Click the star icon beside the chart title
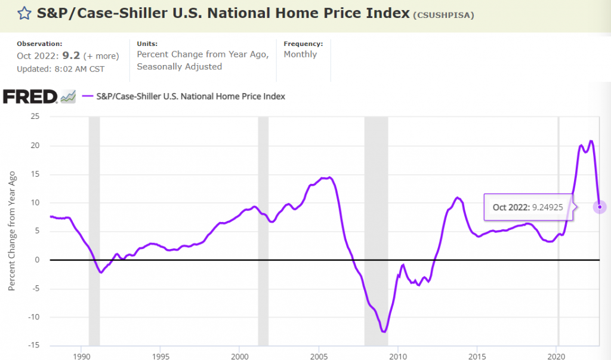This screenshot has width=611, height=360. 24,13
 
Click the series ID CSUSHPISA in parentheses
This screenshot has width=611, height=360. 443,15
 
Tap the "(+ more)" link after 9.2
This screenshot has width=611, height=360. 101,56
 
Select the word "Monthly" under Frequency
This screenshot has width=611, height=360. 300,54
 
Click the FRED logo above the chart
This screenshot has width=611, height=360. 30,96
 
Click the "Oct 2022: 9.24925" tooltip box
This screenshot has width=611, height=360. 528,207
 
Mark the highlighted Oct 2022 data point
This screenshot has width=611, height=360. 600,207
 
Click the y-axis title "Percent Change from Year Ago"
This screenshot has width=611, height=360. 12,232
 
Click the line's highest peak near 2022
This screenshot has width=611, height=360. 591,141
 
